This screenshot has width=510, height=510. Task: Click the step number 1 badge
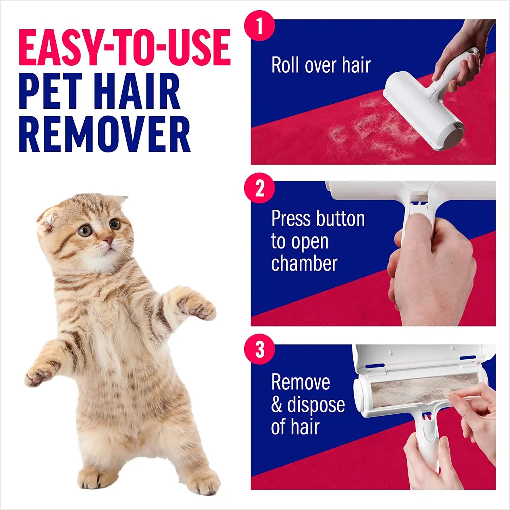coord(259,26)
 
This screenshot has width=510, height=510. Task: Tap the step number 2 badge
coord(259,188)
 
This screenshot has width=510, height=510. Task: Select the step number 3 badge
coord(259,349)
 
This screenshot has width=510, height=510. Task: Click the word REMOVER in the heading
coord(104,134)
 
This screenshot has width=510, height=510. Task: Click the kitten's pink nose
coord(109,241)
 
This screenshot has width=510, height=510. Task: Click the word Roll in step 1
coord(285,65)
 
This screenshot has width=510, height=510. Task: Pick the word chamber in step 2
coord(304,264)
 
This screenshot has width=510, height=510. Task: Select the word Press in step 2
coord(291,219)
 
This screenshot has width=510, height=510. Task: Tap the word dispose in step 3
coord(316,405)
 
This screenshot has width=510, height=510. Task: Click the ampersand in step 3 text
coord(276,405)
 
